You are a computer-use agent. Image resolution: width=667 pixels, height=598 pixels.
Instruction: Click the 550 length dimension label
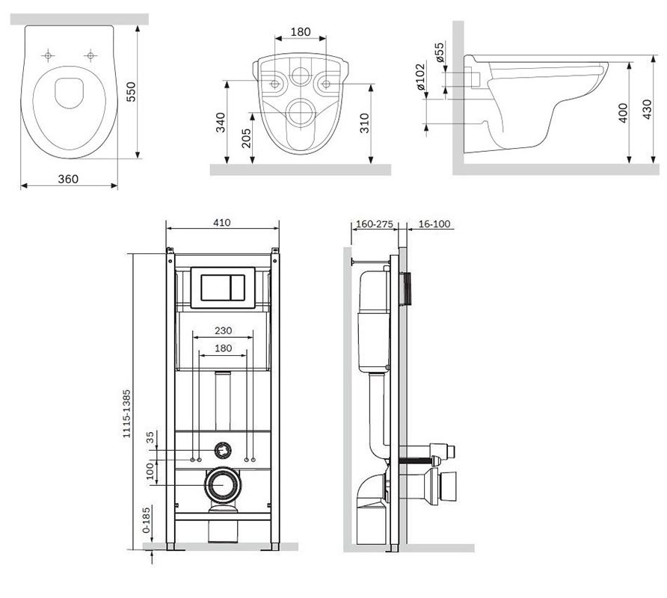point(131,91)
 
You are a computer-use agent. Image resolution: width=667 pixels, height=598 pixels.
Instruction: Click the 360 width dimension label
point(68,179)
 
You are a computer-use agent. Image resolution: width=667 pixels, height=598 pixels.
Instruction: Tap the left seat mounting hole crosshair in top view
point(48,56)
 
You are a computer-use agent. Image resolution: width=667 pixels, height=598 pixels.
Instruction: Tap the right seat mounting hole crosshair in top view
point(90,56)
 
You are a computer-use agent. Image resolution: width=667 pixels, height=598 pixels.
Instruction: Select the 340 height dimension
point(221,122)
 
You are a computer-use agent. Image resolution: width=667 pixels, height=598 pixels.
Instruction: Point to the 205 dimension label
point(246,138)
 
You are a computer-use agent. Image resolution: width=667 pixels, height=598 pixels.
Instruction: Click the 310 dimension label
point(365,123)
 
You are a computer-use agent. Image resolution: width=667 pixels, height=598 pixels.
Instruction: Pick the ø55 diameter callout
point(439,52)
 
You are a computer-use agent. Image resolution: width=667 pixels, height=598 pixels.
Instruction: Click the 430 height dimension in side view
point(647,109)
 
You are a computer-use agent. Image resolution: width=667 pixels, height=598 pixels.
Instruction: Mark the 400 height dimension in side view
point(622,113)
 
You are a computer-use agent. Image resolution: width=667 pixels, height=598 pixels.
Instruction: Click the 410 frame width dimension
point(222,223)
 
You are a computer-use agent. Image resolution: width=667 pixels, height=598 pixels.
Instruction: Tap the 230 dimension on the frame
point(224,330)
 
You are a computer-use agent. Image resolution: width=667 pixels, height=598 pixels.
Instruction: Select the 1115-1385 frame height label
point(126,414)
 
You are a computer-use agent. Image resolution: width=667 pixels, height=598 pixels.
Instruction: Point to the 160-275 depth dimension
point(375,224)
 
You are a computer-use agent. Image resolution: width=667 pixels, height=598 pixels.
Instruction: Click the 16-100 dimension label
point(434,224)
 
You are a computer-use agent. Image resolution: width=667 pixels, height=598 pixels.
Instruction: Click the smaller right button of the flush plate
point(237,288)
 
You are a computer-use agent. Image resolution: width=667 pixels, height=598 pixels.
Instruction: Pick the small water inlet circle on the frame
point(222,450)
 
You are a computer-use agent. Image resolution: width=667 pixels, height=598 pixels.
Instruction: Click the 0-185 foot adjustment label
point(146,520)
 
